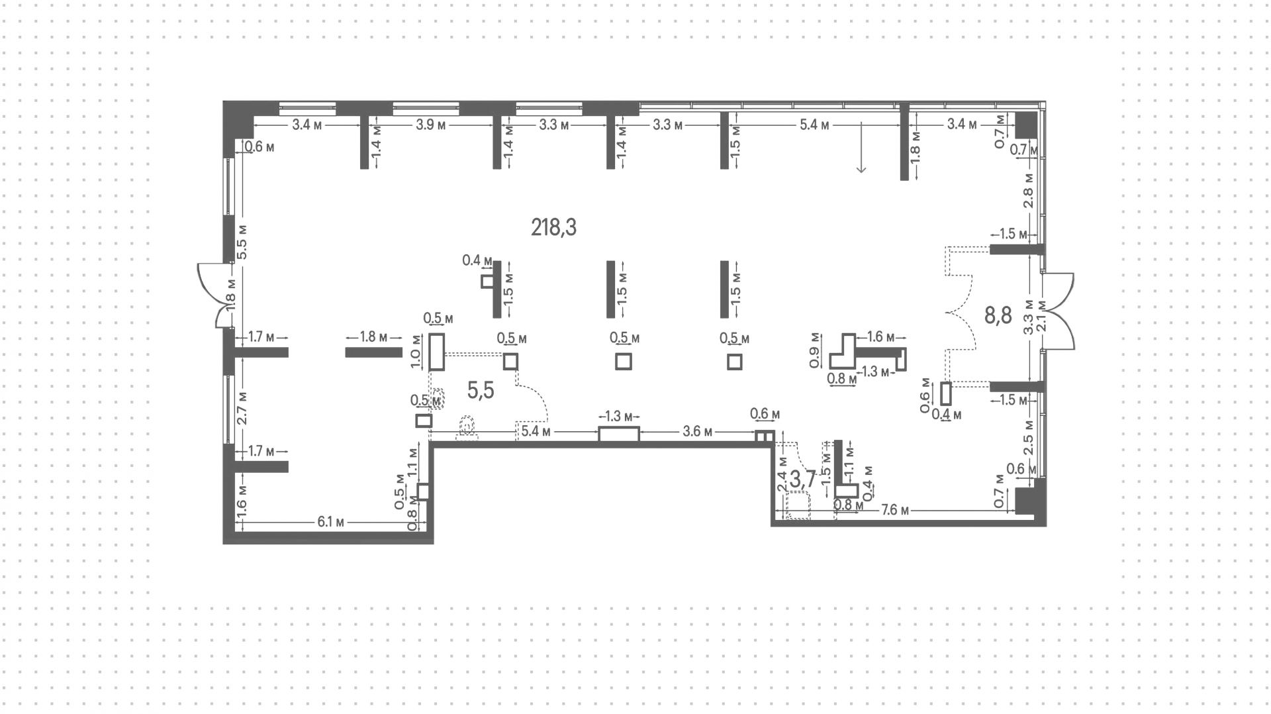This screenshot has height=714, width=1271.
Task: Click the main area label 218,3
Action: pyautogui.click(x=553, y=227)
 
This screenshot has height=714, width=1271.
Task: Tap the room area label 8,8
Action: pyautogui.click(x=998, y=315)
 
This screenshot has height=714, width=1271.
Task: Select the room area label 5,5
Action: pyautogui.click(x=481, y=391)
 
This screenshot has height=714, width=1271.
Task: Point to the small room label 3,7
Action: pyautogui.click(x=803, y=479)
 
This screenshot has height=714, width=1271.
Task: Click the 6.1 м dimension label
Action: pyautogui.click(x=331, y=522)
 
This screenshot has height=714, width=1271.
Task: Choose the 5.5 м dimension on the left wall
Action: pyautogui.click(x=242, y=242)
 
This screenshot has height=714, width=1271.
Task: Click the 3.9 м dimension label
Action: pyautogui.click(x=430, y=125)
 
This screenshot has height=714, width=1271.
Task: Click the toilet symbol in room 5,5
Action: pyautogui.click(x=467, y=428)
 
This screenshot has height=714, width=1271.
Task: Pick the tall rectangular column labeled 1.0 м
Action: pyautogui.click(x=436, y=352)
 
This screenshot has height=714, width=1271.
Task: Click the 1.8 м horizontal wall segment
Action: pyautogui.click(x=373, y=352)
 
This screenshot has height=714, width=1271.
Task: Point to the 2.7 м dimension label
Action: pyautogui.click(x=242, y=407)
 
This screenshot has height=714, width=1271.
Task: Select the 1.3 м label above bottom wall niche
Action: pyautogui.click(x=619, y=417)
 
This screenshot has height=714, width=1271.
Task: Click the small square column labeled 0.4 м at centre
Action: pyautogui.click(x=487, y=281)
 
